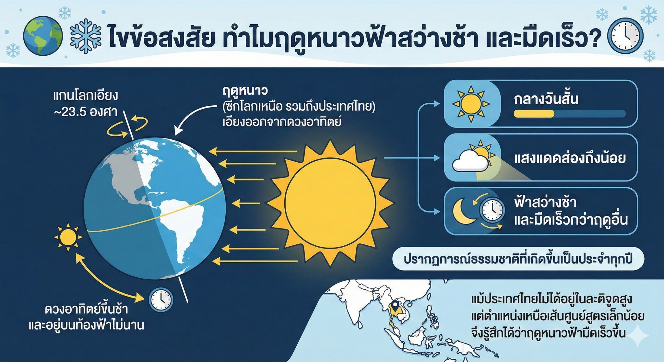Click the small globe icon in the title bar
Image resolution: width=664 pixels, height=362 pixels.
(43, 36)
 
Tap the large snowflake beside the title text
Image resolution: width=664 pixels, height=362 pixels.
(86, 36)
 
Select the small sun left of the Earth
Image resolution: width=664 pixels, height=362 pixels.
(68, 237)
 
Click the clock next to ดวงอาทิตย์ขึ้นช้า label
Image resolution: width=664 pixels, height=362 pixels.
(161, 299)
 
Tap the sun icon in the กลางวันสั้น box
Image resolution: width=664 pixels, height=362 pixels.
(471, 104)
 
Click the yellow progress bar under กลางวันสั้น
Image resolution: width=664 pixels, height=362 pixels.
(534, 114)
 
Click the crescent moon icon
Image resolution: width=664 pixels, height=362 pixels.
(463, 211)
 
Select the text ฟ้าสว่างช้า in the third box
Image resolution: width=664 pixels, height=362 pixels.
(545, 203)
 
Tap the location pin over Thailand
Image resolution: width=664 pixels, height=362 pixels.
(395, 306)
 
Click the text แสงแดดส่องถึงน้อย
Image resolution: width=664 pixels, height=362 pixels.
(570, 158)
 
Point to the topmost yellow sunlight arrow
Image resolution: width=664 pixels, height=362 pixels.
(253, 151)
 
